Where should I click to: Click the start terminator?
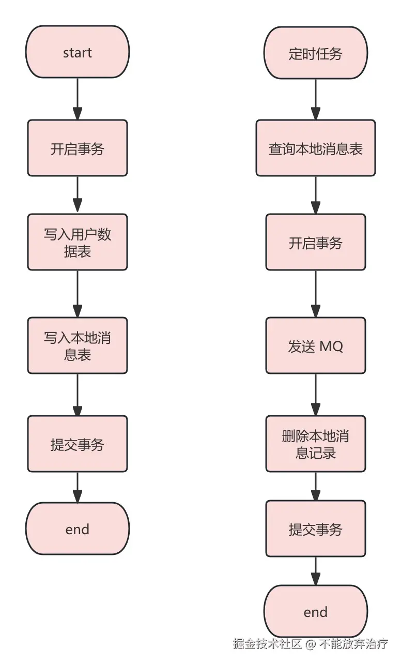pos(78,52)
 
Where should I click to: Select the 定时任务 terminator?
pos(315,52)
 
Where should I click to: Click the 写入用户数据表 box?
pos(78,242)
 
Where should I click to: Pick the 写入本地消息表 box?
pos(78,345)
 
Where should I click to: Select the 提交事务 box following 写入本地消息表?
pos(78,444)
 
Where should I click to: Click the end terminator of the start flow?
pos(78,529)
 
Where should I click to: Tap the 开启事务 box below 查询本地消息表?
pos(315,242)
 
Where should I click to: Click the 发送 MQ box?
pos(315,345)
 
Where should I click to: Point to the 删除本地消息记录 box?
pos(315,444)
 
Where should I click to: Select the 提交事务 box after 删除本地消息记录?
pos(315,529)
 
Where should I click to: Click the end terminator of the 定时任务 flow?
pos(315,612)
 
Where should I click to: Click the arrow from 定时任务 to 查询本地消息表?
pos(315,99)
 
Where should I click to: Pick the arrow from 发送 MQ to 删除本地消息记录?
pos(315,395)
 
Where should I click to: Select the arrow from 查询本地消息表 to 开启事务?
pos(315,195)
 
